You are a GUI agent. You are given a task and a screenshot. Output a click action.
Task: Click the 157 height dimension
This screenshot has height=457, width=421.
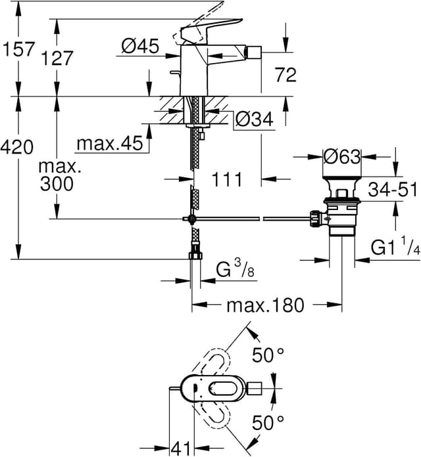pos(18,50)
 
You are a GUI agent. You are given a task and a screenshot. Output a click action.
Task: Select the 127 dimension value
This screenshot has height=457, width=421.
pos(58,58)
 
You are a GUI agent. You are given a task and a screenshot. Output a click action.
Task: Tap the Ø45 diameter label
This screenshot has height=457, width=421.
pos(140,46)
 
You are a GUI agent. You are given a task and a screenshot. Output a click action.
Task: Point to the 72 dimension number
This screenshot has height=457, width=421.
pos(285,75)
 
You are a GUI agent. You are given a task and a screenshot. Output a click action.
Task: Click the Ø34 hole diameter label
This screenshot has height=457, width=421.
pos(254,120)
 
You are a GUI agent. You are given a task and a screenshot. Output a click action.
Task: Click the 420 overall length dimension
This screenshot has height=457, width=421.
pos(18,148)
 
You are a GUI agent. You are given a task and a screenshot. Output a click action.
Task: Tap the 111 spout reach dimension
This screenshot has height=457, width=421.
pos(228,179)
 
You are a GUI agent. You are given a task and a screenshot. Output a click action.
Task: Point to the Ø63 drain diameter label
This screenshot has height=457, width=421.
pos(342,157)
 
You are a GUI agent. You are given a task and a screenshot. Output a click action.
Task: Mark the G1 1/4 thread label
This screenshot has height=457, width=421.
pos(395,248)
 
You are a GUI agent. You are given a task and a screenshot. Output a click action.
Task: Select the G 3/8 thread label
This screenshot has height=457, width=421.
pos(234,269)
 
